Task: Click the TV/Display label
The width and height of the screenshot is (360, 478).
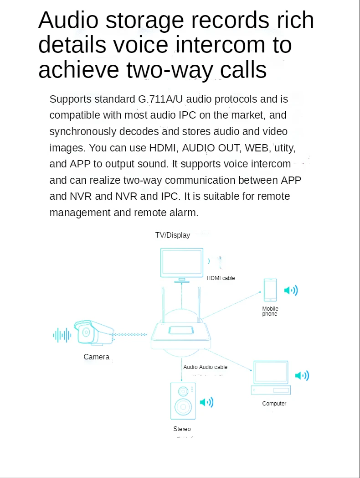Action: pos(172,235)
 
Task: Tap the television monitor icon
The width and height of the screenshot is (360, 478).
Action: pos(182,263)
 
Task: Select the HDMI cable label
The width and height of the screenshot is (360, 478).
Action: pos(221,278)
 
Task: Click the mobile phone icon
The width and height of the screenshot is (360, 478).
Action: pos(270,290)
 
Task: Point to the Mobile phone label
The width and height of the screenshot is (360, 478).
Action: pos(270,312)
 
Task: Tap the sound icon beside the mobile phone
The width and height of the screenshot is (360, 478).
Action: pos(291,291)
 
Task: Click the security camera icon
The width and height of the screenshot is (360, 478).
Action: pos(93,333)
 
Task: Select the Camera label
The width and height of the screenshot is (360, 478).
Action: pos(96,357)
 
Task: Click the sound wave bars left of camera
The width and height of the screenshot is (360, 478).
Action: pos(62,335)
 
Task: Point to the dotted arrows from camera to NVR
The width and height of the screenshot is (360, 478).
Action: pos(130,335)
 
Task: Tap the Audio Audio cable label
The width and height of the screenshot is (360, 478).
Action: pos(205,367)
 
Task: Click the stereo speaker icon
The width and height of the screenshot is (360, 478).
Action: pos(183,401)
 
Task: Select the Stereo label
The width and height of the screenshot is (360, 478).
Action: pos(182,429)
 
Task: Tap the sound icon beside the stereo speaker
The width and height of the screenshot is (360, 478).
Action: pos(206,402)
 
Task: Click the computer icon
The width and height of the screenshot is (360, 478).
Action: pos(271,378)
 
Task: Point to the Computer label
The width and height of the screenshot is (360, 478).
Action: pos(274,404)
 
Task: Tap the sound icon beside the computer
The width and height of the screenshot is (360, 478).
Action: pos(302,376)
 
